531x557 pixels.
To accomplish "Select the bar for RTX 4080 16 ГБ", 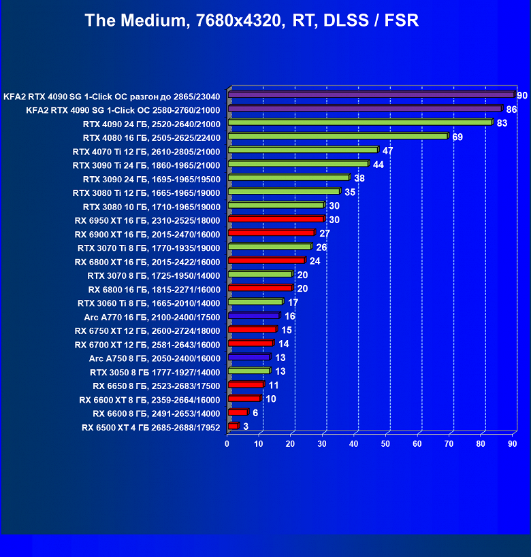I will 338,137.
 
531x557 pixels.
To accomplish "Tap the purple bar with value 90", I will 371,95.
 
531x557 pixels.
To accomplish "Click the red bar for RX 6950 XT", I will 276,220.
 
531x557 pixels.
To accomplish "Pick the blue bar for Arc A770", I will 254,316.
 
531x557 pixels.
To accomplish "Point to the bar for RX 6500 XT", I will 234,426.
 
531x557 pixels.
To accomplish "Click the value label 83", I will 502,123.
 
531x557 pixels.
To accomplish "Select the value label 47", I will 388,150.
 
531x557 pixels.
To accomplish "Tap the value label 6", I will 255,413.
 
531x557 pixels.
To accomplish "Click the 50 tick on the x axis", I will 385,444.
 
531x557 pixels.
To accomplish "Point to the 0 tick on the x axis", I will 227,444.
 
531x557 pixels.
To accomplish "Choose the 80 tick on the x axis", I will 481,444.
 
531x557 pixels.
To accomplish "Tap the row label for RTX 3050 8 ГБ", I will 155,372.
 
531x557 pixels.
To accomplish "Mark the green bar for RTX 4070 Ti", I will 303,150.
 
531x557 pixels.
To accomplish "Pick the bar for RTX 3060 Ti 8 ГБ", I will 255,302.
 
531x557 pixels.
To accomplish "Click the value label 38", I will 359,178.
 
